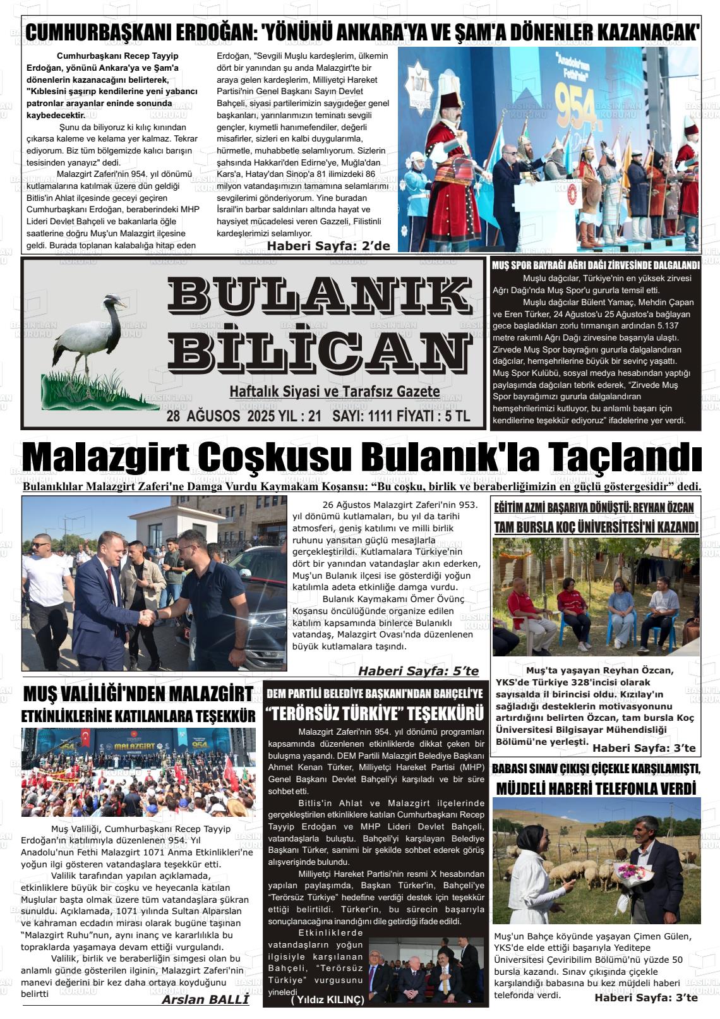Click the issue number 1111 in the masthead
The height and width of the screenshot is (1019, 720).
[x=382, y=417]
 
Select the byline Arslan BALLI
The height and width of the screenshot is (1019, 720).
[x=205, y=999]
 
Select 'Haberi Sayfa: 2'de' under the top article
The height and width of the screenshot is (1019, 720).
[x=328, y=246]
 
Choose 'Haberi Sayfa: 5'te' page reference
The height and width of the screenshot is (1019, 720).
[x=418, y=670]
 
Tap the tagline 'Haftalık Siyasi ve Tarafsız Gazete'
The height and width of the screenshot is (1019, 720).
[x=335, y=392]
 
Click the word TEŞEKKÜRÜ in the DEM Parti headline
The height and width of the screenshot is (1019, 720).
[x=445, y=714]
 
